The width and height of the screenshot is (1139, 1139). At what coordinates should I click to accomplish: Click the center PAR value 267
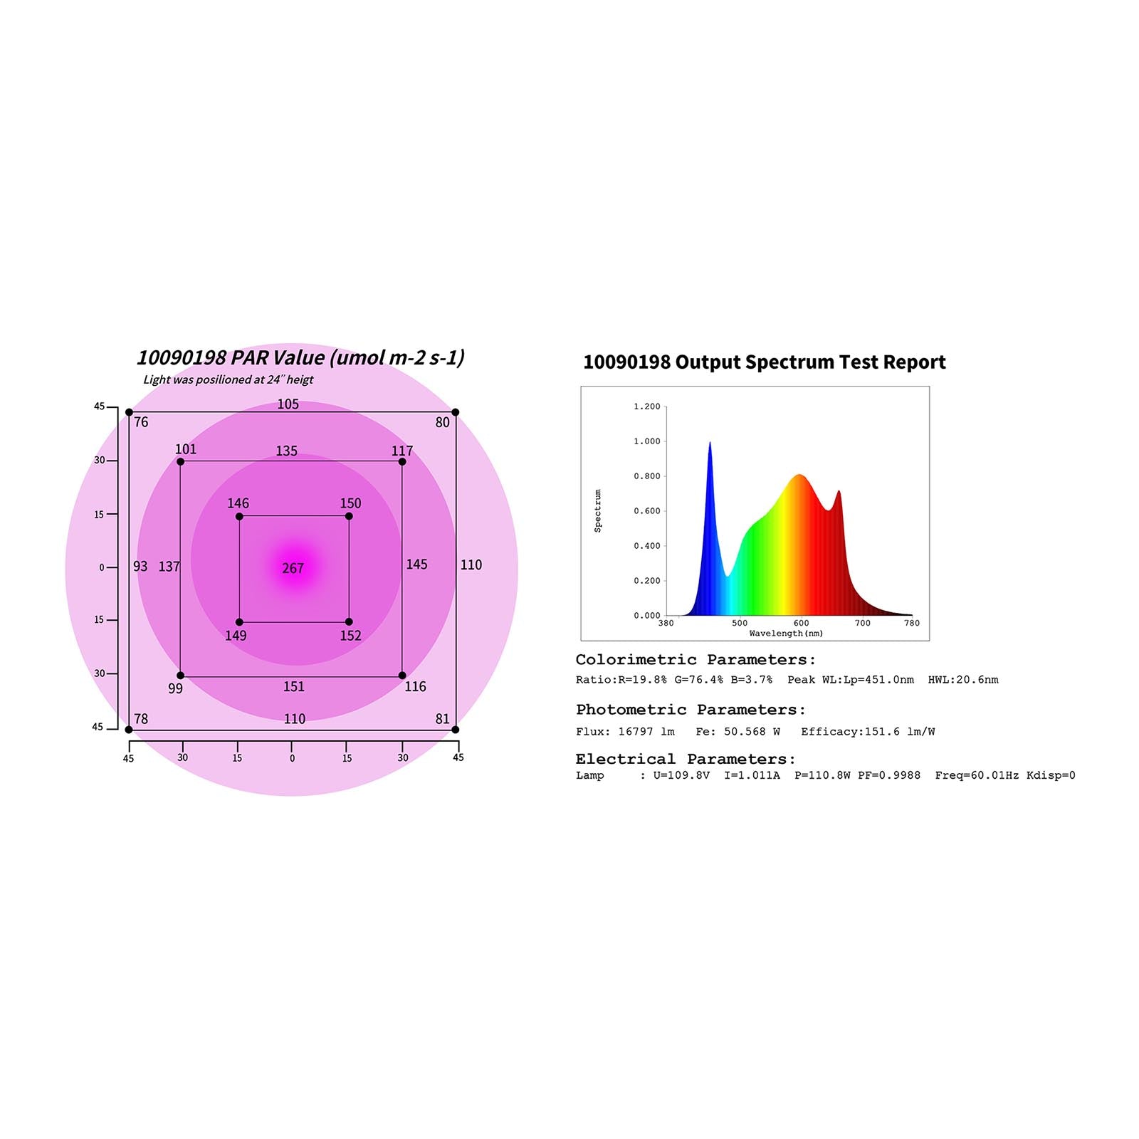coord(293,568)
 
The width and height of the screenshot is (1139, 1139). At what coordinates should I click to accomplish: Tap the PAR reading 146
coord(238,503)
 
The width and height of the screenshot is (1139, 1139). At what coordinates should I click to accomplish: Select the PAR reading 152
coord(350,636)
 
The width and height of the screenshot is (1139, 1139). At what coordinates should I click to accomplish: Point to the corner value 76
coord(141,422)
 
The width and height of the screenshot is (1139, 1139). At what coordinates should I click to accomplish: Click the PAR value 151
coord(293,686)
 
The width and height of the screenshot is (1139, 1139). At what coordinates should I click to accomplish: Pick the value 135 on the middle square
coord(286,451)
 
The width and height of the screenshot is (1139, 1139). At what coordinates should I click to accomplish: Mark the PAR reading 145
coord(416,565)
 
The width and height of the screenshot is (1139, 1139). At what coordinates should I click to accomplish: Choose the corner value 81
coord(442,719)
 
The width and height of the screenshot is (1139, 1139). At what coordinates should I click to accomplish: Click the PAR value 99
coord(175,688)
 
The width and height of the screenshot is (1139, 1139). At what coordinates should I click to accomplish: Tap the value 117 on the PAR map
coord(401,451)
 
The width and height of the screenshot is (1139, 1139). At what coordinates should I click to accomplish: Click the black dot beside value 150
coord(349,516)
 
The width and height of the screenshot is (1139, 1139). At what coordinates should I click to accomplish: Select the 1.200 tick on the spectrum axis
coord(646,406)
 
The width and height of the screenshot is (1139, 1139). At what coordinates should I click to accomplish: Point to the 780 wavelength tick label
coord(912,623)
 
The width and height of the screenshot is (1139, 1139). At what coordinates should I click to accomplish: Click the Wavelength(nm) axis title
coord(786,634)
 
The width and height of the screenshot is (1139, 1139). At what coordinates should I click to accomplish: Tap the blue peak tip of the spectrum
coord(710,443)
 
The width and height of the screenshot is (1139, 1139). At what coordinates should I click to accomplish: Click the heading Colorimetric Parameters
coord(696,660)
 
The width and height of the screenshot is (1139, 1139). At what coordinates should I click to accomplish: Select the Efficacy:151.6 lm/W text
coord(868,732)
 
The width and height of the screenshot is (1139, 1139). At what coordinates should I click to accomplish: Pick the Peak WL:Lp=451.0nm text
coord(850,680)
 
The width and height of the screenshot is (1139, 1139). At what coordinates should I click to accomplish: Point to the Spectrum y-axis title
coord(598,510)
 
